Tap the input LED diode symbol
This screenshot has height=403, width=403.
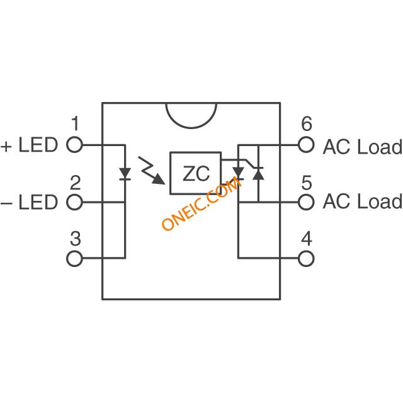(125, 174)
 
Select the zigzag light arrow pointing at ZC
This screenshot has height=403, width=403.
(152, 170)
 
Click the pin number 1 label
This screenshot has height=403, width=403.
(75, 123)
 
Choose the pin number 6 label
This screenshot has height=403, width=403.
(307, 123)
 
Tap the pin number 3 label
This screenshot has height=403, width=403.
(76, 239)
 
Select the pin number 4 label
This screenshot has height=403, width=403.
(307, 239)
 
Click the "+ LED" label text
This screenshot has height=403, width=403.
(29, 145)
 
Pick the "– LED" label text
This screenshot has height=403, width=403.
(29, 202)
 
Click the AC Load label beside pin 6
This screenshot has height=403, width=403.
(363, 147)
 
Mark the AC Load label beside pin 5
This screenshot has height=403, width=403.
(363, 201)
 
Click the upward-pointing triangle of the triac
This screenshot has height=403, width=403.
(258, 174)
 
